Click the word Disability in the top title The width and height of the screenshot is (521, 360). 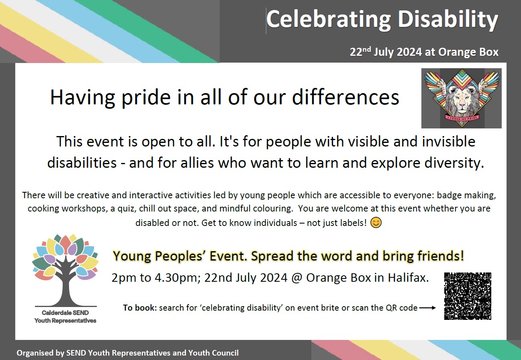[448, 20]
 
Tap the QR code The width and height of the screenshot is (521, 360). [468, 296]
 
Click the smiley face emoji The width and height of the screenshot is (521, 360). [376, 223]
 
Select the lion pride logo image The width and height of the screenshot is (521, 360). [461, 98]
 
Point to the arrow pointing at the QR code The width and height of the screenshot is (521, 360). [427, 308]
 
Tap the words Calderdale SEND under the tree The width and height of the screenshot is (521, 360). [65, 313]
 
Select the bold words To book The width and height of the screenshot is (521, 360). [140, 308]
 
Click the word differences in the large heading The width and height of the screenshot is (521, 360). [345, 97]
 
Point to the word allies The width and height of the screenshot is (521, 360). [197, 163]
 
